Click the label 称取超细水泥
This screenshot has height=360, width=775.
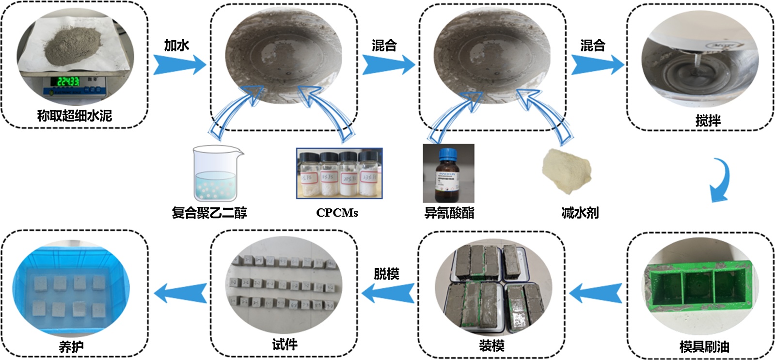tap(75, 116)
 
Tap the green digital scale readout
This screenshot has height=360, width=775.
tap(68, 82)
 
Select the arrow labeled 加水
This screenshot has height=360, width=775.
tap(180, 64)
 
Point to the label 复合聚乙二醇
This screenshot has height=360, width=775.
tap(209, 213)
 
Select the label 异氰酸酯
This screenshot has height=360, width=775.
tap(449, 213)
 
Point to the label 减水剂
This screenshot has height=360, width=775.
tap(580, 213)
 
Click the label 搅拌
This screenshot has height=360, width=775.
tap(708, 121)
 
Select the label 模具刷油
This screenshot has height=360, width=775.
tap(704, 346)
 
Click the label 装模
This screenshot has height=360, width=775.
tap(491, 346)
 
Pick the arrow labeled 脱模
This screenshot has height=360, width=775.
tap(388, 293)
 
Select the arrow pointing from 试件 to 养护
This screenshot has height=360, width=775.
tap(180, 293)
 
